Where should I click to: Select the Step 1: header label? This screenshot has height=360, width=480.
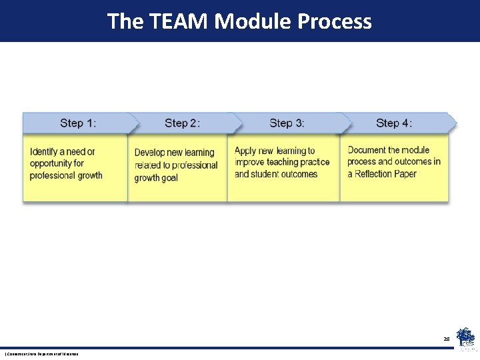[x=78, y=123]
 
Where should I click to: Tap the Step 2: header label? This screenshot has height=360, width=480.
[x=182, y=123]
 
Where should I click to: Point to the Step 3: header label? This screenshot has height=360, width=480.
[x=287, y=123]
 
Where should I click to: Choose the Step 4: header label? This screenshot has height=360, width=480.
[x=394, y=123]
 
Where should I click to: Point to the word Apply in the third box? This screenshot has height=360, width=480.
[x=245, y=151]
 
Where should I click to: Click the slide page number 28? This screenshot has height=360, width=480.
[x=447, y=339]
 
